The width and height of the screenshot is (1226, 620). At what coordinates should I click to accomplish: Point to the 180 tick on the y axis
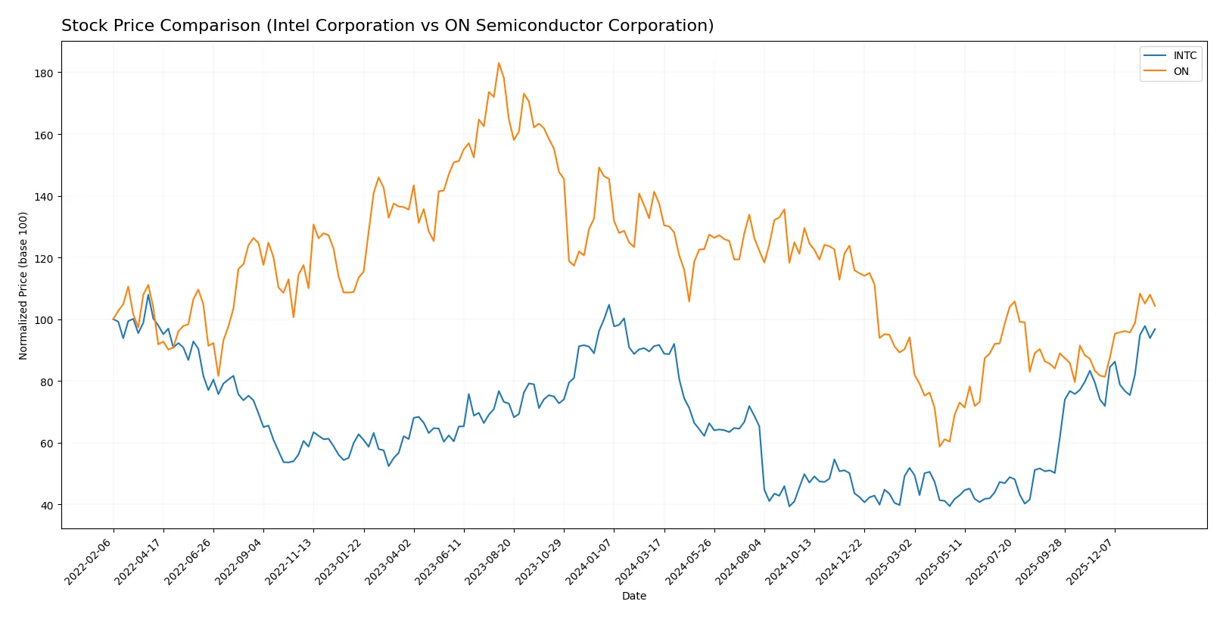(x=43, y=73)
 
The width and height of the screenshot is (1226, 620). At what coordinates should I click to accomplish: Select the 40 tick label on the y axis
(x=46, y=505)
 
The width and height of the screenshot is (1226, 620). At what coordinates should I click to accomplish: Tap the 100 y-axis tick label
(x=43, y=320)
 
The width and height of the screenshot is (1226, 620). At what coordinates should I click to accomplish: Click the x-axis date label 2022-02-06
(x=89, y=561)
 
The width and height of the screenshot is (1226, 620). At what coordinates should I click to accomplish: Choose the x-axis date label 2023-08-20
(x=490, y=561)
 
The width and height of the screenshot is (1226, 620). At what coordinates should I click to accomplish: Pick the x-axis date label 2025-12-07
(x=1091, y=561)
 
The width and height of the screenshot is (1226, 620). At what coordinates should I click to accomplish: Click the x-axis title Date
(x=633, y=596)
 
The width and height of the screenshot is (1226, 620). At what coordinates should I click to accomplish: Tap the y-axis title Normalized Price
(x=23, y=285)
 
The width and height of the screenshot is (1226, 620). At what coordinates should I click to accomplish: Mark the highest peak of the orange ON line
(x=499, y=63)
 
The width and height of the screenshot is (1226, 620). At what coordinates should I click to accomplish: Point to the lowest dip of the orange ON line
(x=940, y=447)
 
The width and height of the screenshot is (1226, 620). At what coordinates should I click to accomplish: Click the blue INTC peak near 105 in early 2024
(x=609, y=305)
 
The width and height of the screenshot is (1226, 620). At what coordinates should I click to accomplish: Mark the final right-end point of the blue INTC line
(x=1155, y=329)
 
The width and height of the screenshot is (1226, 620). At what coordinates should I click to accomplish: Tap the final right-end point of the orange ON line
(x=1155, y=306)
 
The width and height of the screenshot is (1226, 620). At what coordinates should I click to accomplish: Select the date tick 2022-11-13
(x=289, y=561)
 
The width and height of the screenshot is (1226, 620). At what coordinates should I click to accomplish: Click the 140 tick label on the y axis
(x=43, y=197)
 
